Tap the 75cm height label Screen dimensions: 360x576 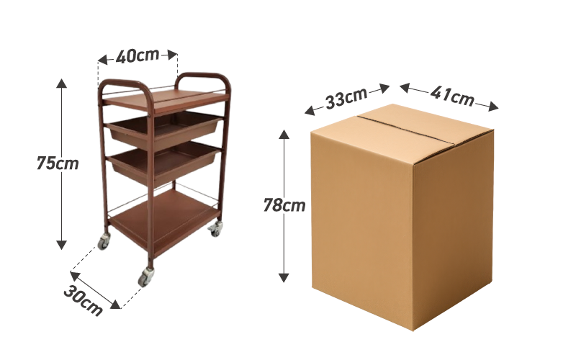[x=58, y=163]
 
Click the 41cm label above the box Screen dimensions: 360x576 [x=452, y=95]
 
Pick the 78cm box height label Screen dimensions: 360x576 [x=284, y=205]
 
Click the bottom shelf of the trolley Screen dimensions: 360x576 [x=163, y=220]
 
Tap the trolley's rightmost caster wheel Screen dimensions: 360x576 [x=215, y=230]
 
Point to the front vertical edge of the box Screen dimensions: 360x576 [x=413, y=230]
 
